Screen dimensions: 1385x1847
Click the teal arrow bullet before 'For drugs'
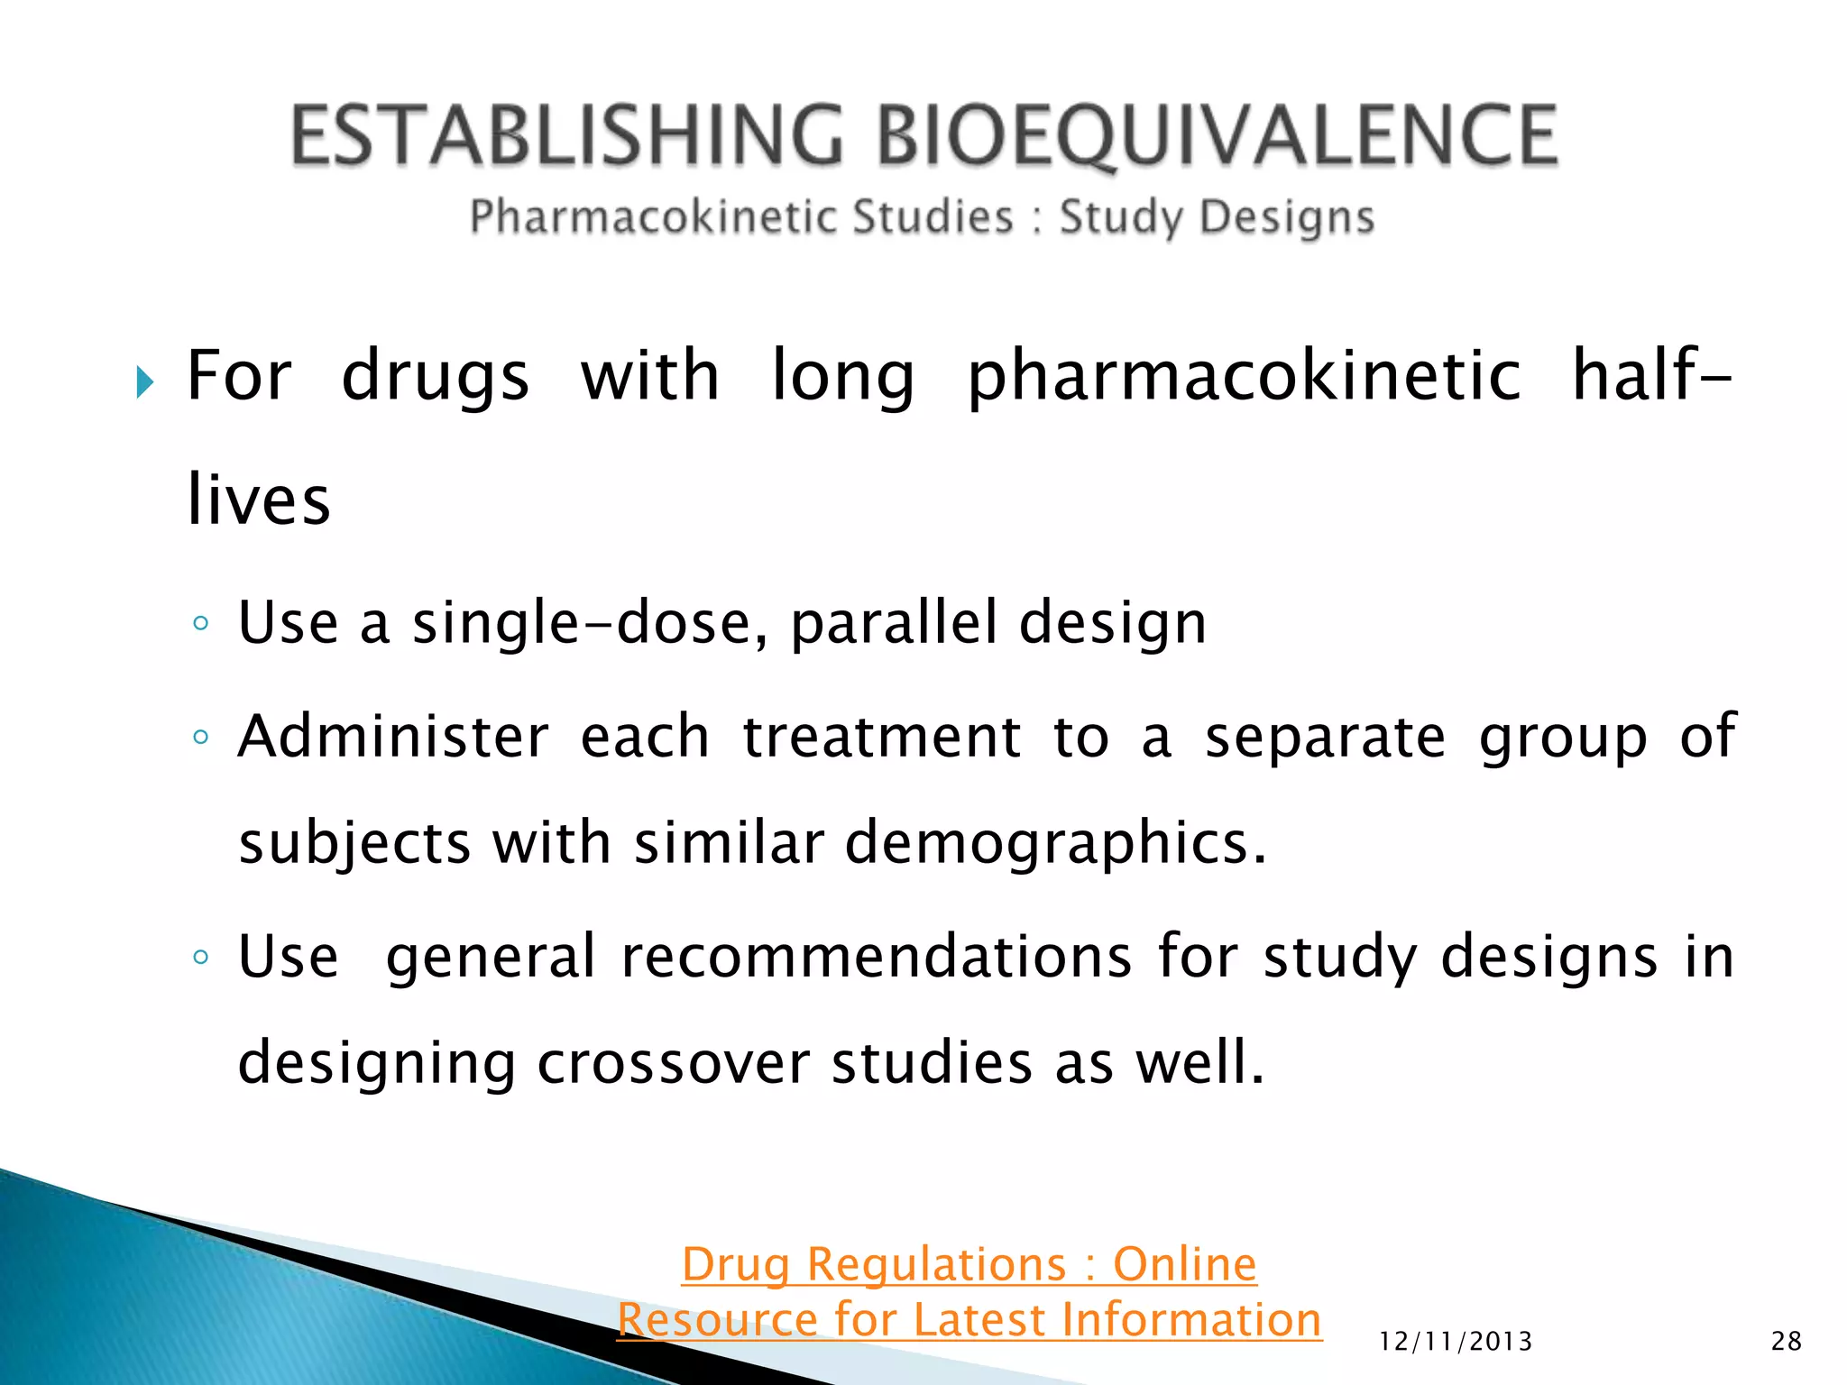145,382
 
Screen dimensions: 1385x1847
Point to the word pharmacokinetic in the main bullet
1245,377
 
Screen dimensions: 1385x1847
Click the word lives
259,500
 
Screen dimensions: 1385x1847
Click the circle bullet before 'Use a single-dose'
201,623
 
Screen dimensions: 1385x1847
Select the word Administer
393,738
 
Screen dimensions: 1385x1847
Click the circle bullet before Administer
201,738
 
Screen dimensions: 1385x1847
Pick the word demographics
1055,844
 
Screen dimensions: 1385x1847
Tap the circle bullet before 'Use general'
201,957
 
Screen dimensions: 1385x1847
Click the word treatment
881,738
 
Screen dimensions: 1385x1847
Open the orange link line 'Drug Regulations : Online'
969,1264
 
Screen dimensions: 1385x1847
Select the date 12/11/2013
1456,1342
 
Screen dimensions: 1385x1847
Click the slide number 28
1787,1342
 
